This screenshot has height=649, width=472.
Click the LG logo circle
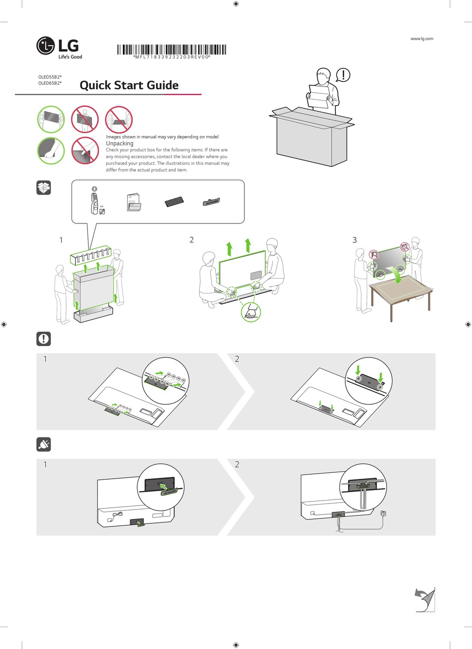[46, 47]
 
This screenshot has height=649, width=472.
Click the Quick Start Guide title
[129, 85]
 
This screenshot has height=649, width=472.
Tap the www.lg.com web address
[422, 39]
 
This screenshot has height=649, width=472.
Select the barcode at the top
[171, 50]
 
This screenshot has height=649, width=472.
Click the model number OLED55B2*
[50, 77]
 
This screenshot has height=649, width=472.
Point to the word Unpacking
[120, 143]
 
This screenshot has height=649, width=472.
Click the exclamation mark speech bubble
[343, 75]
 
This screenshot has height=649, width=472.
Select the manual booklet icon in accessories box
[133, 202]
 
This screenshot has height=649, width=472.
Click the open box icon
[44, 188]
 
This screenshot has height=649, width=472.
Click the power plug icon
[44, 444]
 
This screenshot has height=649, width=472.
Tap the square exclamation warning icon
[44, 339]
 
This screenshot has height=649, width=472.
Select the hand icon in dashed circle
[250, 312]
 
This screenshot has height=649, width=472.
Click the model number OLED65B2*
[50, 83]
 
